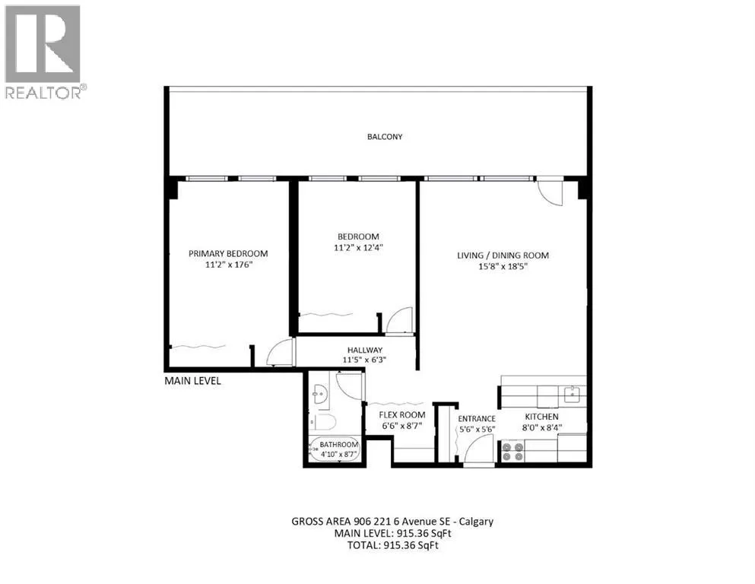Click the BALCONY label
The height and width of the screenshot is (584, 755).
pyautogui.click(x=385, y=137)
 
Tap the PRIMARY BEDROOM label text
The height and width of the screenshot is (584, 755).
pyautogui.click(x=228, y=254)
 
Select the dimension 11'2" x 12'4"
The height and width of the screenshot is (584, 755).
pyautogui.click(x=358, y=248)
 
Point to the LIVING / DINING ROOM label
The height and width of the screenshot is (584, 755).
pyautogui.click(x=503, y=255)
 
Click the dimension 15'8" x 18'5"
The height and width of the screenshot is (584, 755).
pyautogui.click(x=503, y=266)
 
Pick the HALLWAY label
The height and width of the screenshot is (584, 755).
pyautogui.click(x=364, y=350)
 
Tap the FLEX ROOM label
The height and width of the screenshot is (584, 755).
pyautogui.click(x=402, y=415)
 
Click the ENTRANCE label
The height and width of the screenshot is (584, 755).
pyautogui.click(x=477, y=419)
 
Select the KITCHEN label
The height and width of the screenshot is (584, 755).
pyautogui.click(x=541, y=417)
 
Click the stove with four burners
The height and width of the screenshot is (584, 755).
pyautogui.click(x=512, y=451)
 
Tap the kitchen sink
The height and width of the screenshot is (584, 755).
pyautogui.click(x=572, y=395)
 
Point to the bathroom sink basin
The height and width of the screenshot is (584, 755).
pyautogui.click(x=319, y=395)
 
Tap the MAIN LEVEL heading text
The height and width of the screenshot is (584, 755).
pyautogui.click(x=192, y=381)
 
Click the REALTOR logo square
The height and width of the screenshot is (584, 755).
pyautogui.click(x=43, y=44)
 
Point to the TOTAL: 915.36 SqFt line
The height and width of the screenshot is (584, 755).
pyautogui.click(x=393, y=545)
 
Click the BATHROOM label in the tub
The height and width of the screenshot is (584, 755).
pyautogui.click(x=339, y=444)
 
